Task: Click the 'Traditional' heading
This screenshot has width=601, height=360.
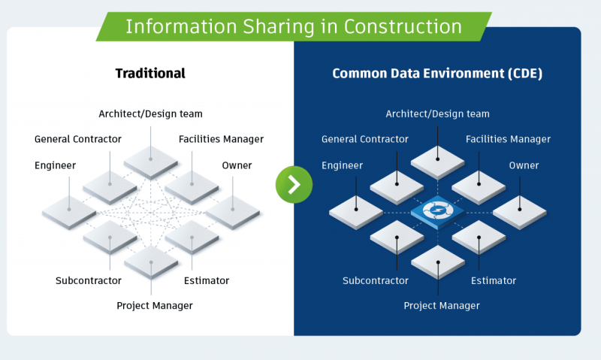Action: [x=150, y=74]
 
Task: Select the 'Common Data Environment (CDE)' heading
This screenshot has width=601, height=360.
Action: [x=437, y=74]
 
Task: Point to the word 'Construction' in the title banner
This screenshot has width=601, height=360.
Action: [x=403, y=27]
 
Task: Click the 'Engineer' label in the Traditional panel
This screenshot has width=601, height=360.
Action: [x=55, y=165]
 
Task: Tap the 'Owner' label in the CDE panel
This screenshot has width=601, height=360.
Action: [x=524, y=165]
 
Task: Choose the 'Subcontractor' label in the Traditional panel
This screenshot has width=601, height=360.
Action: [x=89, y=281]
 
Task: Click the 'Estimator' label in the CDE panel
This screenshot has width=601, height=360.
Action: [x=494, y=281]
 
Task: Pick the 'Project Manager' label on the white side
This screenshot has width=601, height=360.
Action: [x=155, y=306]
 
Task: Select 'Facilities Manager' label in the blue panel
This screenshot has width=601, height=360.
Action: [x=508, y=139]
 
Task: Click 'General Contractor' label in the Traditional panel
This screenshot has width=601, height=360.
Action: [x=78, y=139]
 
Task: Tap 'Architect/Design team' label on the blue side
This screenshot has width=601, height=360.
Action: [x=438, y=114]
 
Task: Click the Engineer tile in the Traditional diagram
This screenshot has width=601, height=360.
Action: [x=69, y=210]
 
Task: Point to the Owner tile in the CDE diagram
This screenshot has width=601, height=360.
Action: [x=519, y=210]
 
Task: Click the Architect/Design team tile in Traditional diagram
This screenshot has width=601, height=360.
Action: [x=151, y=159]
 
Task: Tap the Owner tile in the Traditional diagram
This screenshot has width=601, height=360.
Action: [x=232, y=210]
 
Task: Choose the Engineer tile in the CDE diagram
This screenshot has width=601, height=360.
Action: [x=356, y=210]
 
